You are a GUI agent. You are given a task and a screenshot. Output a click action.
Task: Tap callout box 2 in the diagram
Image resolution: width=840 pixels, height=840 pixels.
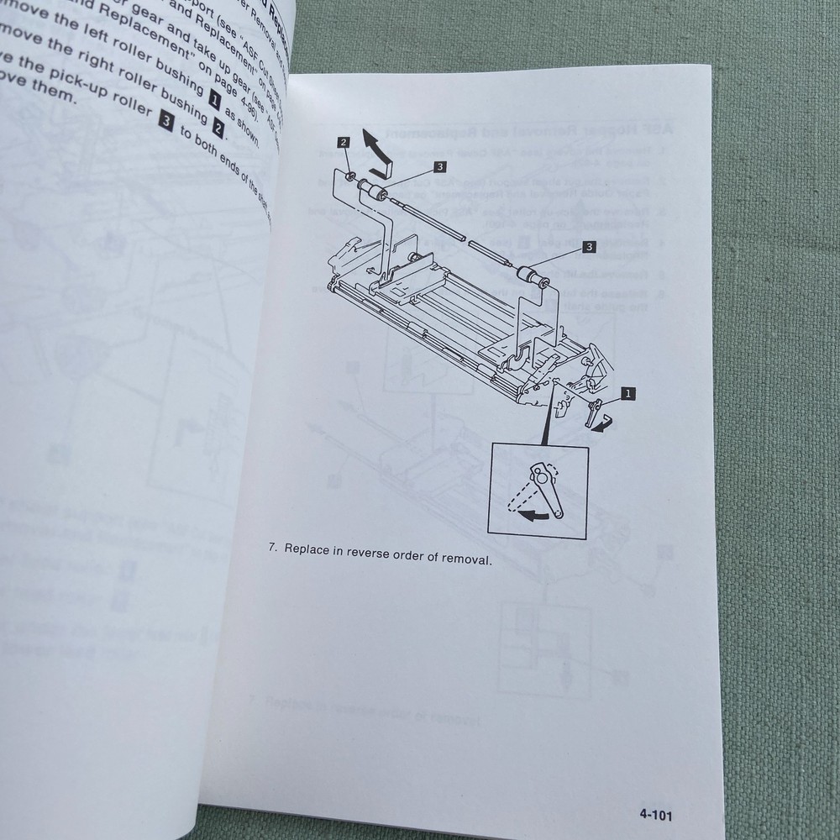pyautogui.click(x=344, y=142)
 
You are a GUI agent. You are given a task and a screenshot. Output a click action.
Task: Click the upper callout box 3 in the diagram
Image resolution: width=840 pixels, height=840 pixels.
pyautogui.click(x=440, y=167)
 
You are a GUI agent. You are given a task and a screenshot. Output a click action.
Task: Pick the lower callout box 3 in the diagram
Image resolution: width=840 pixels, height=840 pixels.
pyautogui.click(x=589, y=247)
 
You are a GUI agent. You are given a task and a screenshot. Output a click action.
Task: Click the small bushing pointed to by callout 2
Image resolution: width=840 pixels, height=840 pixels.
pyautogui.click(x=346, y=177)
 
